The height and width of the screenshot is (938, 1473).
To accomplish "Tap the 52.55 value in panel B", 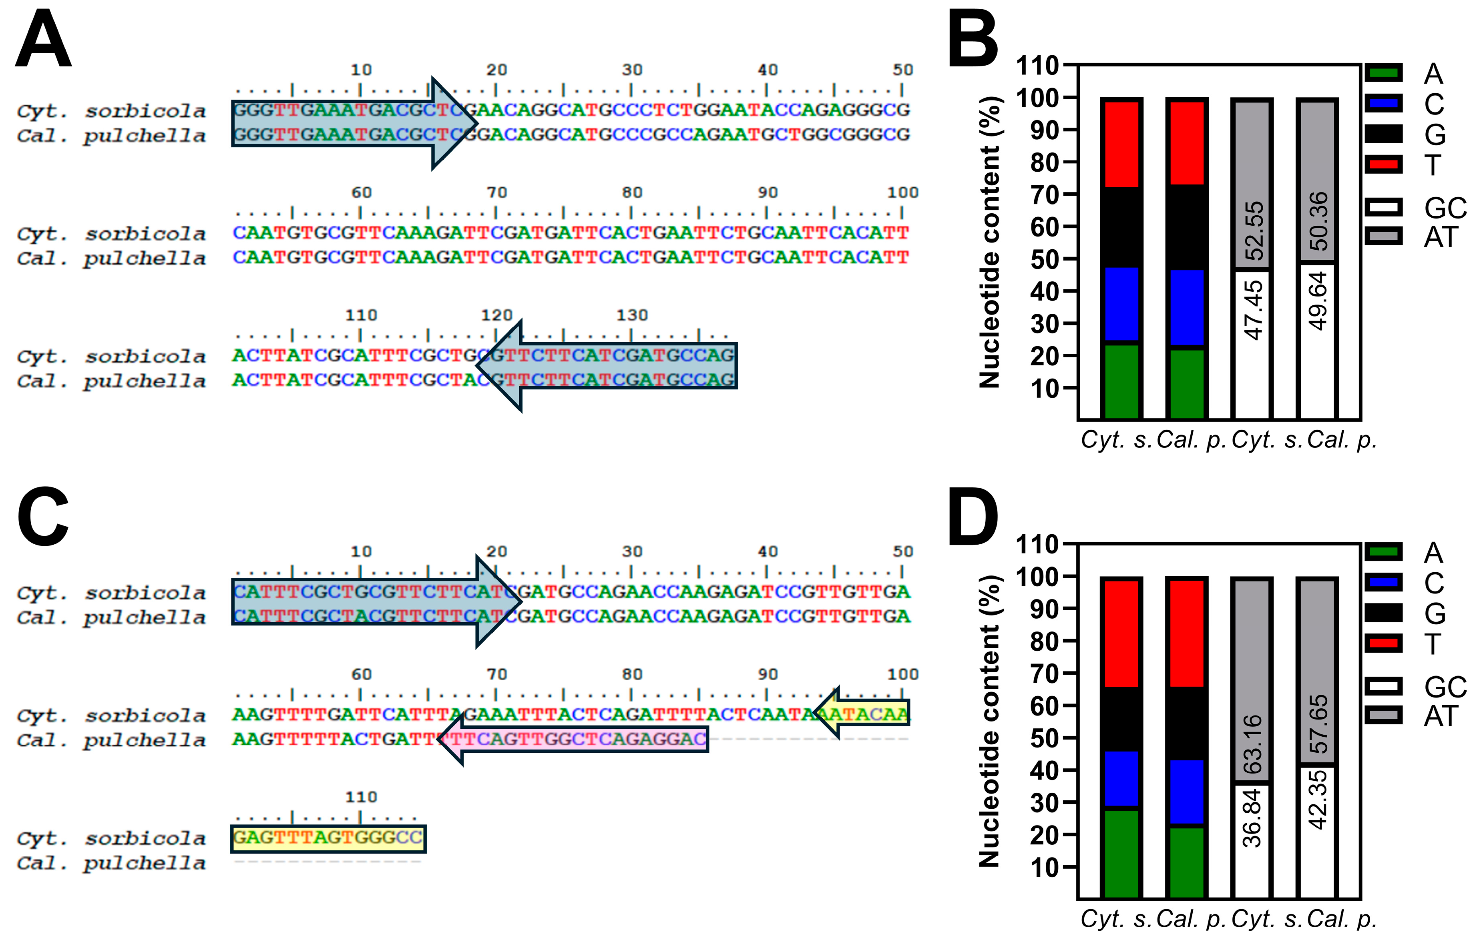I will tap(1254, 230).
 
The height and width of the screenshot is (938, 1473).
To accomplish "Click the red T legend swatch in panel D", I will tap(1384, 643).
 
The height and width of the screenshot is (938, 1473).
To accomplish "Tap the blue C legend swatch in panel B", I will tap(1384, 103).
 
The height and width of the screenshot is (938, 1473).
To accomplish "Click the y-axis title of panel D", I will tap(989, 722).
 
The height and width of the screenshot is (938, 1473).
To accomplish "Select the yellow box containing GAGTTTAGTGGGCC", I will tap(328, 838).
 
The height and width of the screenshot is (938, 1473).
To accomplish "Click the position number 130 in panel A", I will tap(632, 315).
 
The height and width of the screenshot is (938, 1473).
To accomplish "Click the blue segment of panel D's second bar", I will tap(1187, 792).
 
